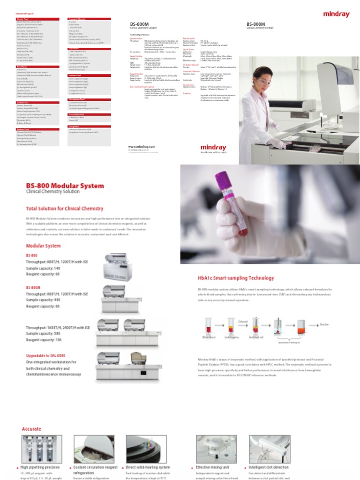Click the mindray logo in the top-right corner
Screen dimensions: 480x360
coord(336,15)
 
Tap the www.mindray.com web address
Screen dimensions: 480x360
coord(141,147)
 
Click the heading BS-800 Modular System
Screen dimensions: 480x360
coord(65,186)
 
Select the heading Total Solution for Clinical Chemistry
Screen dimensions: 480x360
coord(65,208)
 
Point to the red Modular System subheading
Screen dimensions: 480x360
coord(43,246)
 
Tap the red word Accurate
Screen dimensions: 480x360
coord(32,429)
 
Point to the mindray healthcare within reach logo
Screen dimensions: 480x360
coord(213,149)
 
